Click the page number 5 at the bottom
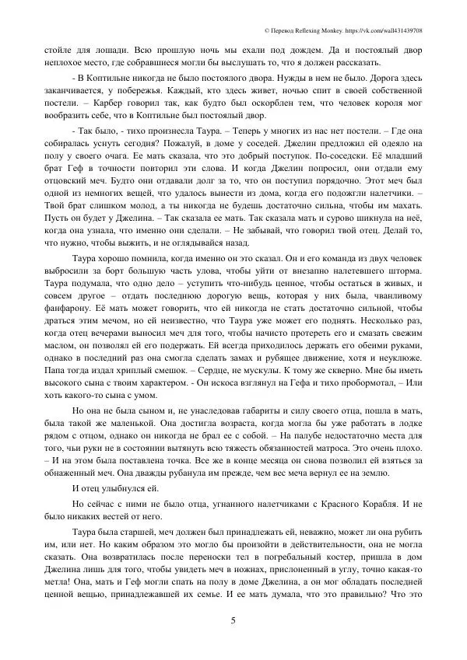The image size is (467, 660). pyautogui.click(x=233, y=620)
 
